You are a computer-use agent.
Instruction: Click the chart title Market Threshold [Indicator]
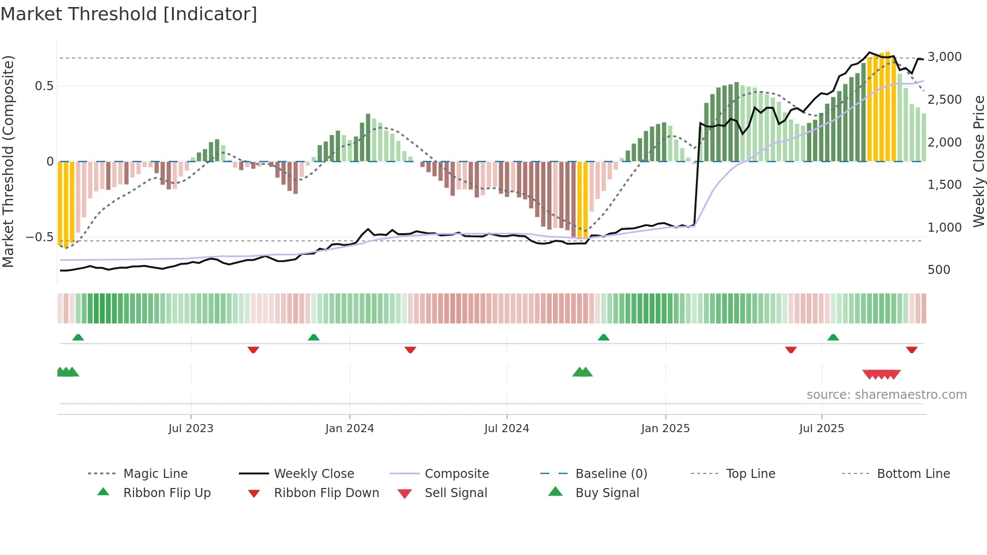pyautogui.click(x=129, y=14)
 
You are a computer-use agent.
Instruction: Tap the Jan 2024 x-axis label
pyautogui.click(x=349, y=429)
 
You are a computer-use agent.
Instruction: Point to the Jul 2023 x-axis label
pyautogui.click(x=191, y=429)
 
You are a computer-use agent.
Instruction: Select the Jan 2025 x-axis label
pyautogui.click(x=665, y=429)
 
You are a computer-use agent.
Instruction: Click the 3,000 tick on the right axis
pyautogui.click(x=944, y=57)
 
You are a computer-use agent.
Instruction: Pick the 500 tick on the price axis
pyautogui.click(x=939, y=270)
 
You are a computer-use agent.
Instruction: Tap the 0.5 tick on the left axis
pyautogui.click(x=44, y=86)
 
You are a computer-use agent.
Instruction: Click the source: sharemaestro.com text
pyautogui.click(x=886, y=395)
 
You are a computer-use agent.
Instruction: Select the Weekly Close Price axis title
pyautogui.click(x=978, y=161)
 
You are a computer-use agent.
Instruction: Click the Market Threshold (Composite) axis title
pyautogui.click(x=8, y=161)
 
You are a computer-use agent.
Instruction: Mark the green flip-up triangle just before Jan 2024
pyautogui.click(x=314, y=337)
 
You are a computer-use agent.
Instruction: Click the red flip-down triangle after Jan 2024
pyautogui.click(x=410, y=350)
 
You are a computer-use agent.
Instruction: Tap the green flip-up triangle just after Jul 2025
pyautogui.click(x=833, y=337)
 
